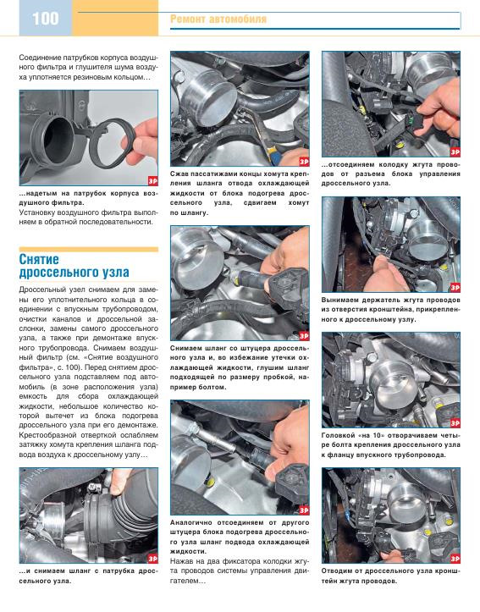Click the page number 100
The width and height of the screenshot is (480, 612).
[45, 19]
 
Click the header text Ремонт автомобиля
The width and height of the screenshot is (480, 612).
[218, 19]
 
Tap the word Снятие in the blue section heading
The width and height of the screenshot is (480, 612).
[39, 259]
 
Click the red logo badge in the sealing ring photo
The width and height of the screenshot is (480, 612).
[152, 180]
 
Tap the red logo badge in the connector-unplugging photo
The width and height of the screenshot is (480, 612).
[455, 152]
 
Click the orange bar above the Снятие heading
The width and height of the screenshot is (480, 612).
[89, 249]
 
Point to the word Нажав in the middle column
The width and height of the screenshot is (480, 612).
[180, 561]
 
